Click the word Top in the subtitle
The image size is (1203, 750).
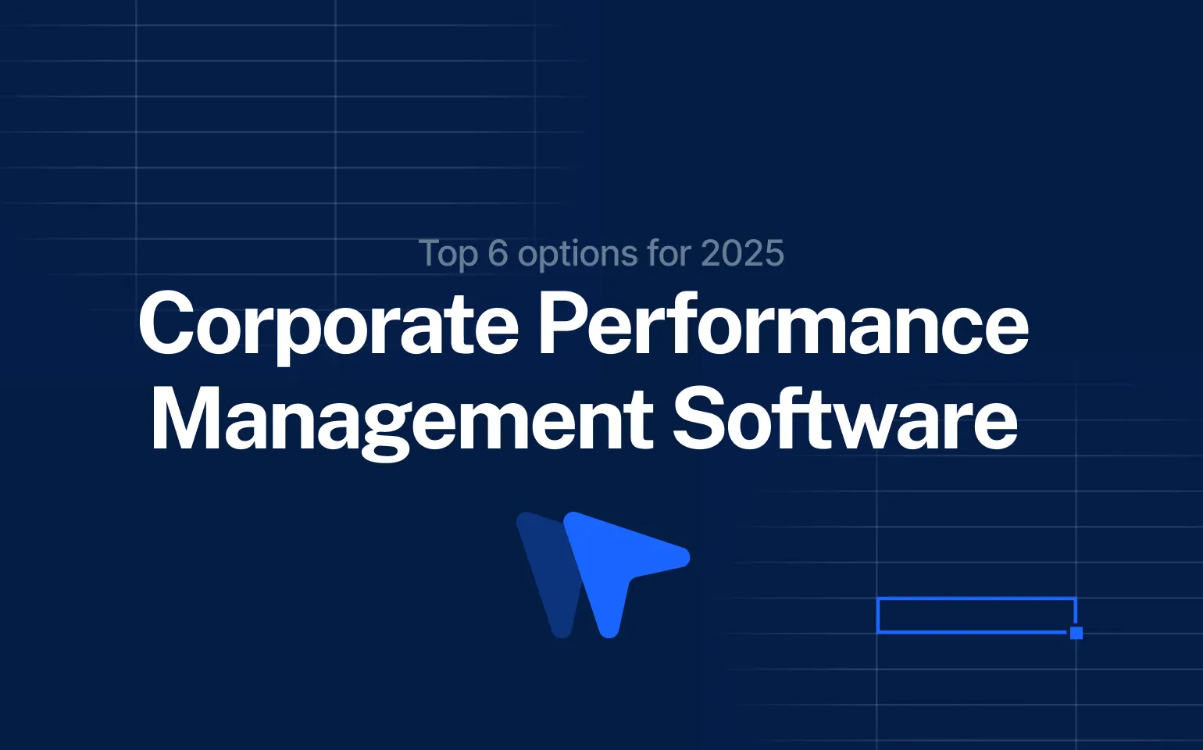click(448, 255)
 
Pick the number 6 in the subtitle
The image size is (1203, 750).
click(498, 254)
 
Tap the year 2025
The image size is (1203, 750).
click(742, 254)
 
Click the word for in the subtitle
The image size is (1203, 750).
click(669, 254)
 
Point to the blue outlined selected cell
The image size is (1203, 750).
click(976, 615)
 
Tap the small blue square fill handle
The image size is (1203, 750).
click(1076, 633)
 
